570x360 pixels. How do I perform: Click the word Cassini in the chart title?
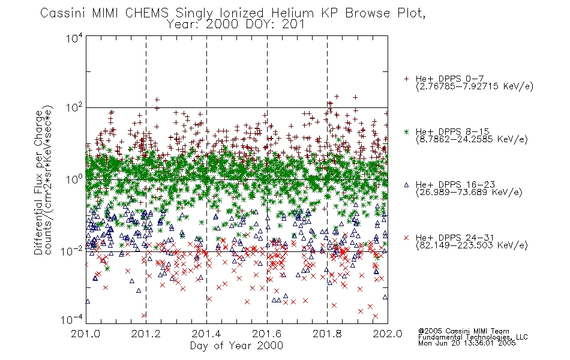coord(62,13)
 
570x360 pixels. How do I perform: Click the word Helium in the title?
coord(292,13)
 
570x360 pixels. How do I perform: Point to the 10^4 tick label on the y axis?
coord(75,38)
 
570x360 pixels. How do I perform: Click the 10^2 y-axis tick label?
coord(75,108)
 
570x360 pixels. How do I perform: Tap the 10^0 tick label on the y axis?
coord(75,179)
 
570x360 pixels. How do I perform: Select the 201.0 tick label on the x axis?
coord(86,334)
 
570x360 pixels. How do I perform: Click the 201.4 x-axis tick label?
coord(206,334)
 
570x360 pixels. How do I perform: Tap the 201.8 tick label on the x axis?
coord(327,334)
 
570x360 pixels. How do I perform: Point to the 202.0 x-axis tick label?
coord(388,334)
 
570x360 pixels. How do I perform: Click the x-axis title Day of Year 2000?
coord(236,346)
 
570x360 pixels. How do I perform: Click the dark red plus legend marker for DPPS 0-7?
coord(406,79)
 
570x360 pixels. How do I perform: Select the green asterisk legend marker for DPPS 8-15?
coord(406,131)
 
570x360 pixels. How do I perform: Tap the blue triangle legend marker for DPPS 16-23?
coord(406,185)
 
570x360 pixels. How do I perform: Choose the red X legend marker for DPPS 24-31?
coord(406,238)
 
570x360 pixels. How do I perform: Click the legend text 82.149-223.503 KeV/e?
coord(472,245)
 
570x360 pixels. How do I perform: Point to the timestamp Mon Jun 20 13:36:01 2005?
coord(467,343)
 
